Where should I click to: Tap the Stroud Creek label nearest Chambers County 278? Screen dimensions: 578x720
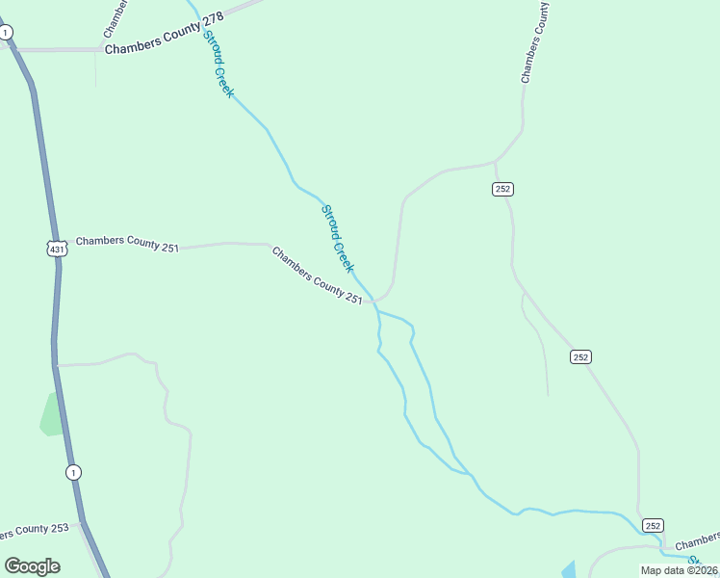click(x=218, y=64)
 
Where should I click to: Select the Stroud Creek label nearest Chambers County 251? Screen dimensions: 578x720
click(x=337, y=238)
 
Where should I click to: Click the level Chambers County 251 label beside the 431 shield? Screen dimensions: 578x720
click(x=127, y=244)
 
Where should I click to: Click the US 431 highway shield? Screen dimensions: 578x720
click(x=58, y=249)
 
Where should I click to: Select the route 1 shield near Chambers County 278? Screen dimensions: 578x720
click(x=7, y=33)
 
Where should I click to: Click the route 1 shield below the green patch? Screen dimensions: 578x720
click(x=73, y=472)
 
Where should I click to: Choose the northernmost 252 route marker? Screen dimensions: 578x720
click(x=502, y=189)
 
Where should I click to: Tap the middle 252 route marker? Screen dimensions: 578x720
click(x=579, y=356)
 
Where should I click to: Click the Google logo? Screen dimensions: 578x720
click(x=32, y=565)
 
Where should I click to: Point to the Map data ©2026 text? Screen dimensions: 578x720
click(x=679, y=570)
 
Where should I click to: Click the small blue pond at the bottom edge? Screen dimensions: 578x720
click(x=568, y=569)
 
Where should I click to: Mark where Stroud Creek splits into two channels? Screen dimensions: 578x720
click(x=377, y=312)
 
